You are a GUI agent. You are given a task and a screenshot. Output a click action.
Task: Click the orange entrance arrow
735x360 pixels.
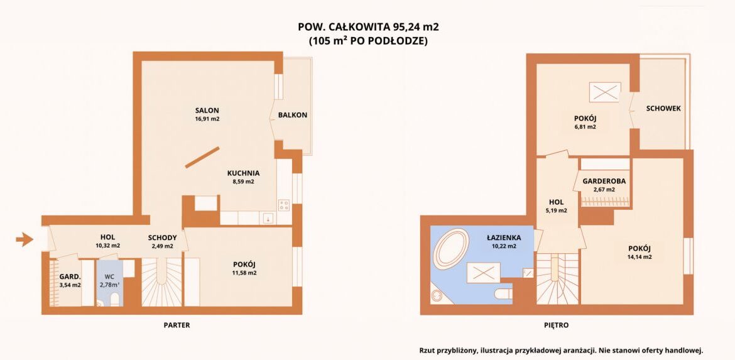click(24, 240)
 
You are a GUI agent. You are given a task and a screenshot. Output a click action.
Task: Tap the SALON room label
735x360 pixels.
click(207, 111)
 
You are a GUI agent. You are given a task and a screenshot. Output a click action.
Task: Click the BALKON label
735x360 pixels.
click(293, 115)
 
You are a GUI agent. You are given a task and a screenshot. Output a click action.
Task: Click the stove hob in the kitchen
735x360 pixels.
click(283, 205)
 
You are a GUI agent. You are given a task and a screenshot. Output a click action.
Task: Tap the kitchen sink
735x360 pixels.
click(268, 218)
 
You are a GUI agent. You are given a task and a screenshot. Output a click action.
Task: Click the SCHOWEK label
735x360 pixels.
click(663, 108)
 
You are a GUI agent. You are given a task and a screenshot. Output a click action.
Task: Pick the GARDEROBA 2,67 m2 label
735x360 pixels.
click(604, 185)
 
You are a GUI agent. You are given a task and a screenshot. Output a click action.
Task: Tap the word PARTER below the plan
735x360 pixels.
click(177, 325)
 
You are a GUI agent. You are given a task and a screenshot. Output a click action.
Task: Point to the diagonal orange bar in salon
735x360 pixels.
click(202, 157)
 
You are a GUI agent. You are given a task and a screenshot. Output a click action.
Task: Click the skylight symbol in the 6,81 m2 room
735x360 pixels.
click(605, 91)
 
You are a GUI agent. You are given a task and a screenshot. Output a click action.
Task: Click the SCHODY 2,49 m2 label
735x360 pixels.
click(162, 241)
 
